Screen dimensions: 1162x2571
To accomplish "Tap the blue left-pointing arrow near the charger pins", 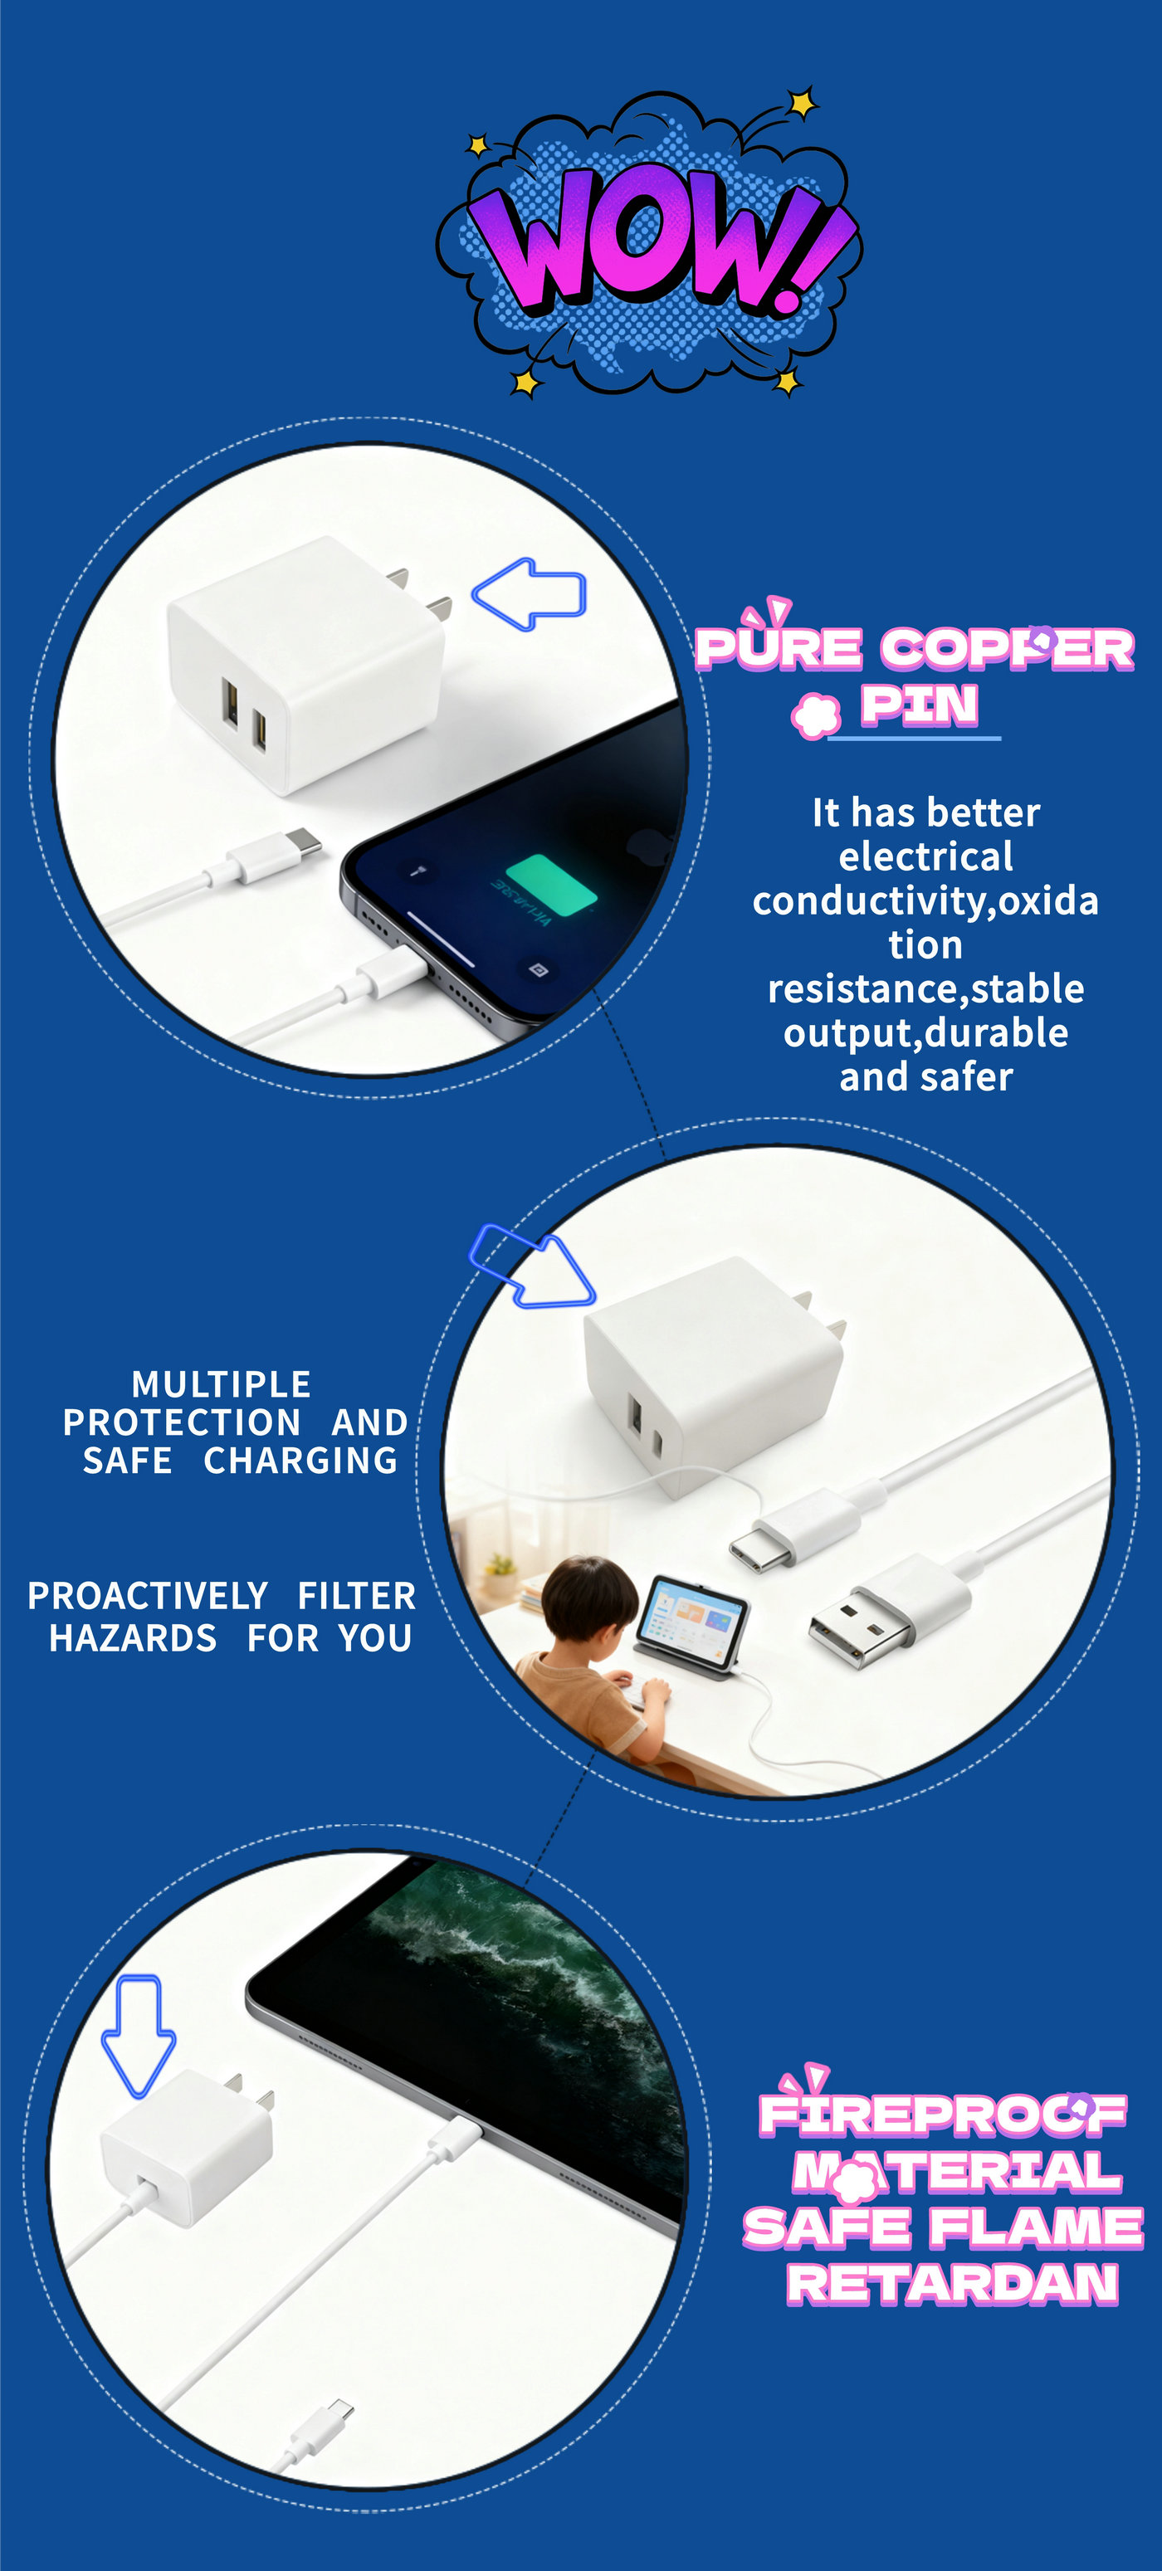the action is pos(528,594).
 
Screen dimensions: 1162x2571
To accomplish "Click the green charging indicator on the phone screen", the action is pos(551,885).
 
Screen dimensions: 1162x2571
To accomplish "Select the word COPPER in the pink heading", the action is pos(1008,649).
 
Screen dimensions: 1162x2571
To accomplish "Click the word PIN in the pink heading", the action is pos(920,705).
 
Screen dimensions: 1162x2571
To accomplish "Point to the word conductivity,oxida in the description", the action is pos(925,901).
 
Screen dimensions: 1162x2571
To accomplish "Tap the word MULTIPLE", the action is pos(222,1384).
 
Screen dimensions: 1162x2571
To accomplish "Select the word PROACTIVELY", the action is pos(148,1596).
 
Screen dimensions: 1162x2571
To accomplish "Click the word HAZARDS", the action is pos(133,1638).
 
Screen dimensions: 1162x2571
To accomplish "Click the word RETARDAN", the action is pos(952,2284).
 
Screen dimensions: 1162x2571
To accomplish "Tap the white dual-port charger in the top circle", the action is pos(305,664).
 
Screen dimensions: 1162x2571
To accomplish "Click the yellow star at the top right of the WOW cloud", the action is pos(801,103).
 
